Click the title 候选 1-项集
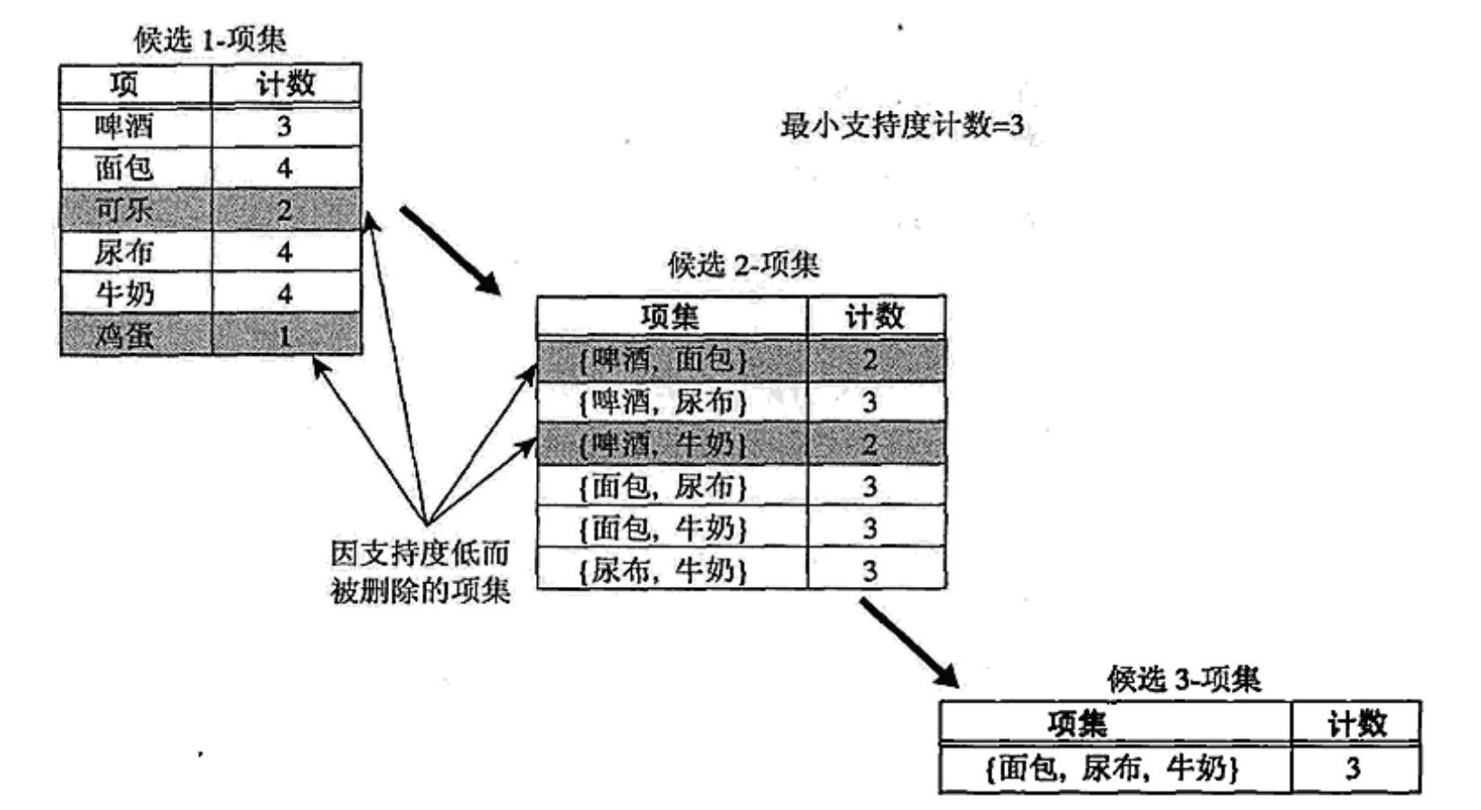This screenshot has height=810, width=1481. point(210,39)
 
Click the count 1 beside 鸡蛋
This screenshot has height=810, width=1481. point(284,336)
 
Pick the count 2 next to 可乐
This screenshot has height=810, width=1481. point(284,210)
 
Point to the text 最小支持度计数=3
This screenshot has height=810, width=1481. point(901,125)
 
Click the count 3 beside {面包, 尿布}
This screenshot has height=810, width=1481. point(870,487)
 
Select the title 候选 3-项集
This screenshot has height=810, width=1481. point(1183,680)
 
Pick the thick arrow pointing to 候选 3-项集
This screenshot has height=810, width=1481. point(909,642)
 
